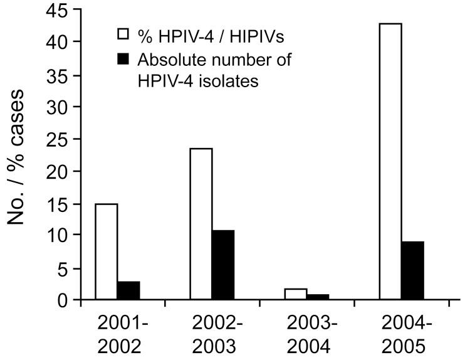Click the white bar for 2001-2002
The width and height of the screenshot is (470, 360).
pyautogui.click(x=106, y=252)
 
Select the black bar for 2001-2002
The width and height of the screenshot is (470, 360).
pyautogui.click(x=128, y=291)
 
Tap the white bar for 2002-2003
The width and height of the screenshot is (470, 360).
pyautogui.click(x=201, y=225)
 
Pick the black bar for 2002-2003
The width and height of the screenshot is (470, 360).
pyautogui.click(x=223, y=265)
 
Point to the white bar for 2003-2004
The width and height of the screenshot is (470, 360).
pyautogui.click(x=295, y=294)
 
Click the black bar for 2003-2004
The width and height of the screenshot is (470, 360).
pyautogui.click(x=318, y=297)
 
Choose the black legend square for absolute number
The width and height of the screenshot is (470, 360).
pyautogui.click(x=123, y=59)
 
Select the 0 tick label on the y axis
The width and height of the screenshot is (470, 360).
pyautogui.click(x=61, y=300)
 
